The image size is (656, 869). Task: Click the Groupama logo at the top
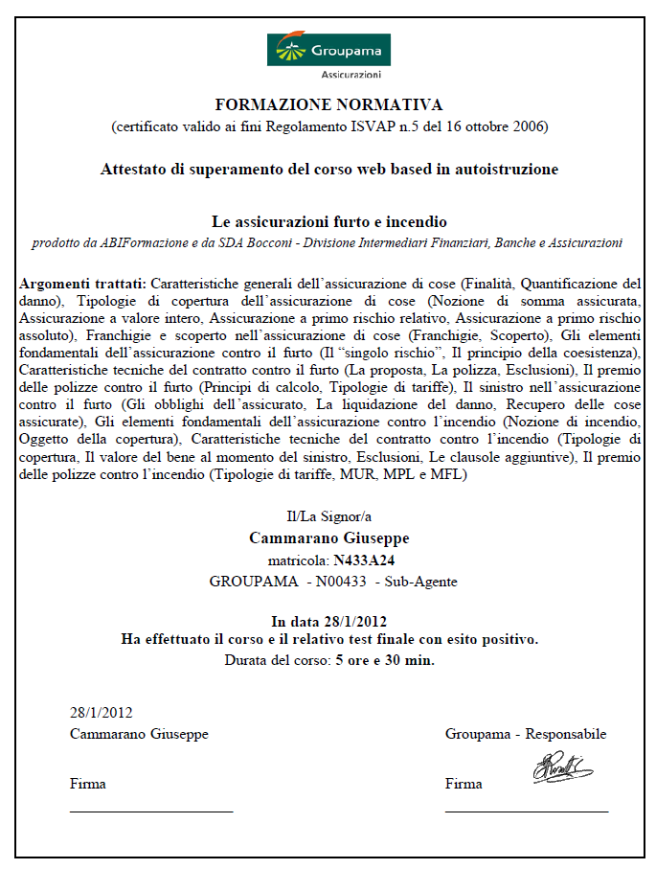tap(328, 49)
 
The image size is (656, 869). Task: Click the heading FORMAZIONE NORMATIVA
tap(328, 103)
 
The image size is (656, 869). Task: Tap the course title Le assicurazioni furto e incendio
tap(328, 221)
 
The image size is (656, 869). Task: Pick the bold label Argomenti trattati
tap(82, 284)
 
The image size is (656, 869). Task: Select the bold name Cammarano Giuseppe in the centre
tap(328, 537)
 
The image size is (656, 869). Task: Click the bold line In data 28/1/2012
tap(328, 620)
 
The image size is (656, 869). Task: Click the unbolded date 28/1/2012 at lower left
tap(101, 712)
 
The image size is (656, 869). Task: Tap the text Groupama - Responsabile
tap(526, 734)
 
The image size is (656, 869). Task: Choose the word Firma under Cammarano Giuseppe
tap(88, 784)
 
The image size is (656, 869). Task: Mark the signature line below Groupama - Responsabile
tap(526, 812)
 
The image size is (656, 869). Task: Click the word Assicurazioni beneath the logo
tap(351, 74)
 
